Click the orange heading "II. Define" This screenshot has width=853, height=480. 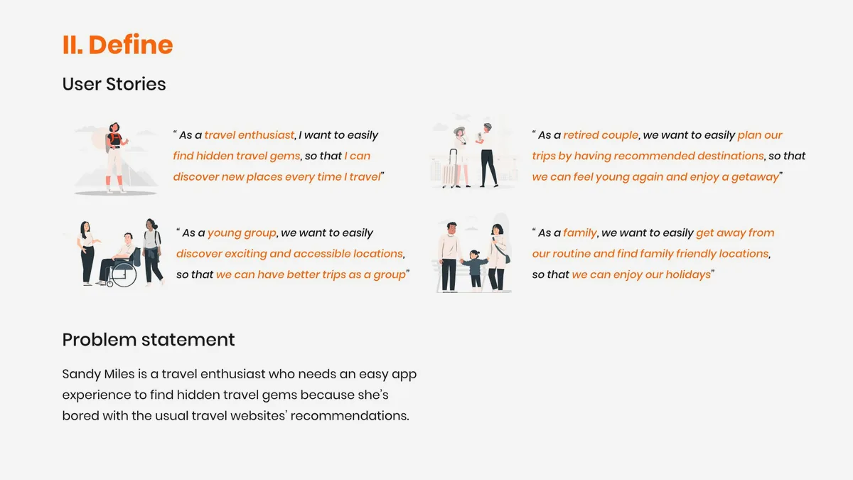(118, 45)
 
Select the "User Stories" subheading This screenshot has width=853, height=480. (114, 84)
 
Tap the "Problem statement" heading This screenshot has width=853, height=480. (149, 340)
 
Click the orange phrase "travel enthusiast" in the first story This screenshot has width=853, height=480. (249, 135)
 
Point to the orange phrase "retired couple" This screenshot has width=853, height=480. (601, 135)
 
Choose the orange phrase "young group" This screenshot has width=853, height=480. (242, 233)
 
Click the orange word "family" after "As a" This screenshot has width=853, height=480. (579, 233)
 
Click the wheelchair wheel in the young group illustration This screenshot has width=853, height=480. (124, 274)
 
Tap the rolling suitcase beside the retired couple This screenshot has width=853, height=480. (451, 169)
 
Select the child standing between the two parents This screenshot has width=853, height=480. (475, 270)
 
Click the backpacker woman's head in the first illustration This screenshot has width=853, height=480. (114, 127)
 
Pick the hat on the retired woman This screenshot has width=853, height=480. (459, 130)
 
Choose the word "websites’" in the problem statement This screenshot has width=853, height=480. (259, 415)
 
